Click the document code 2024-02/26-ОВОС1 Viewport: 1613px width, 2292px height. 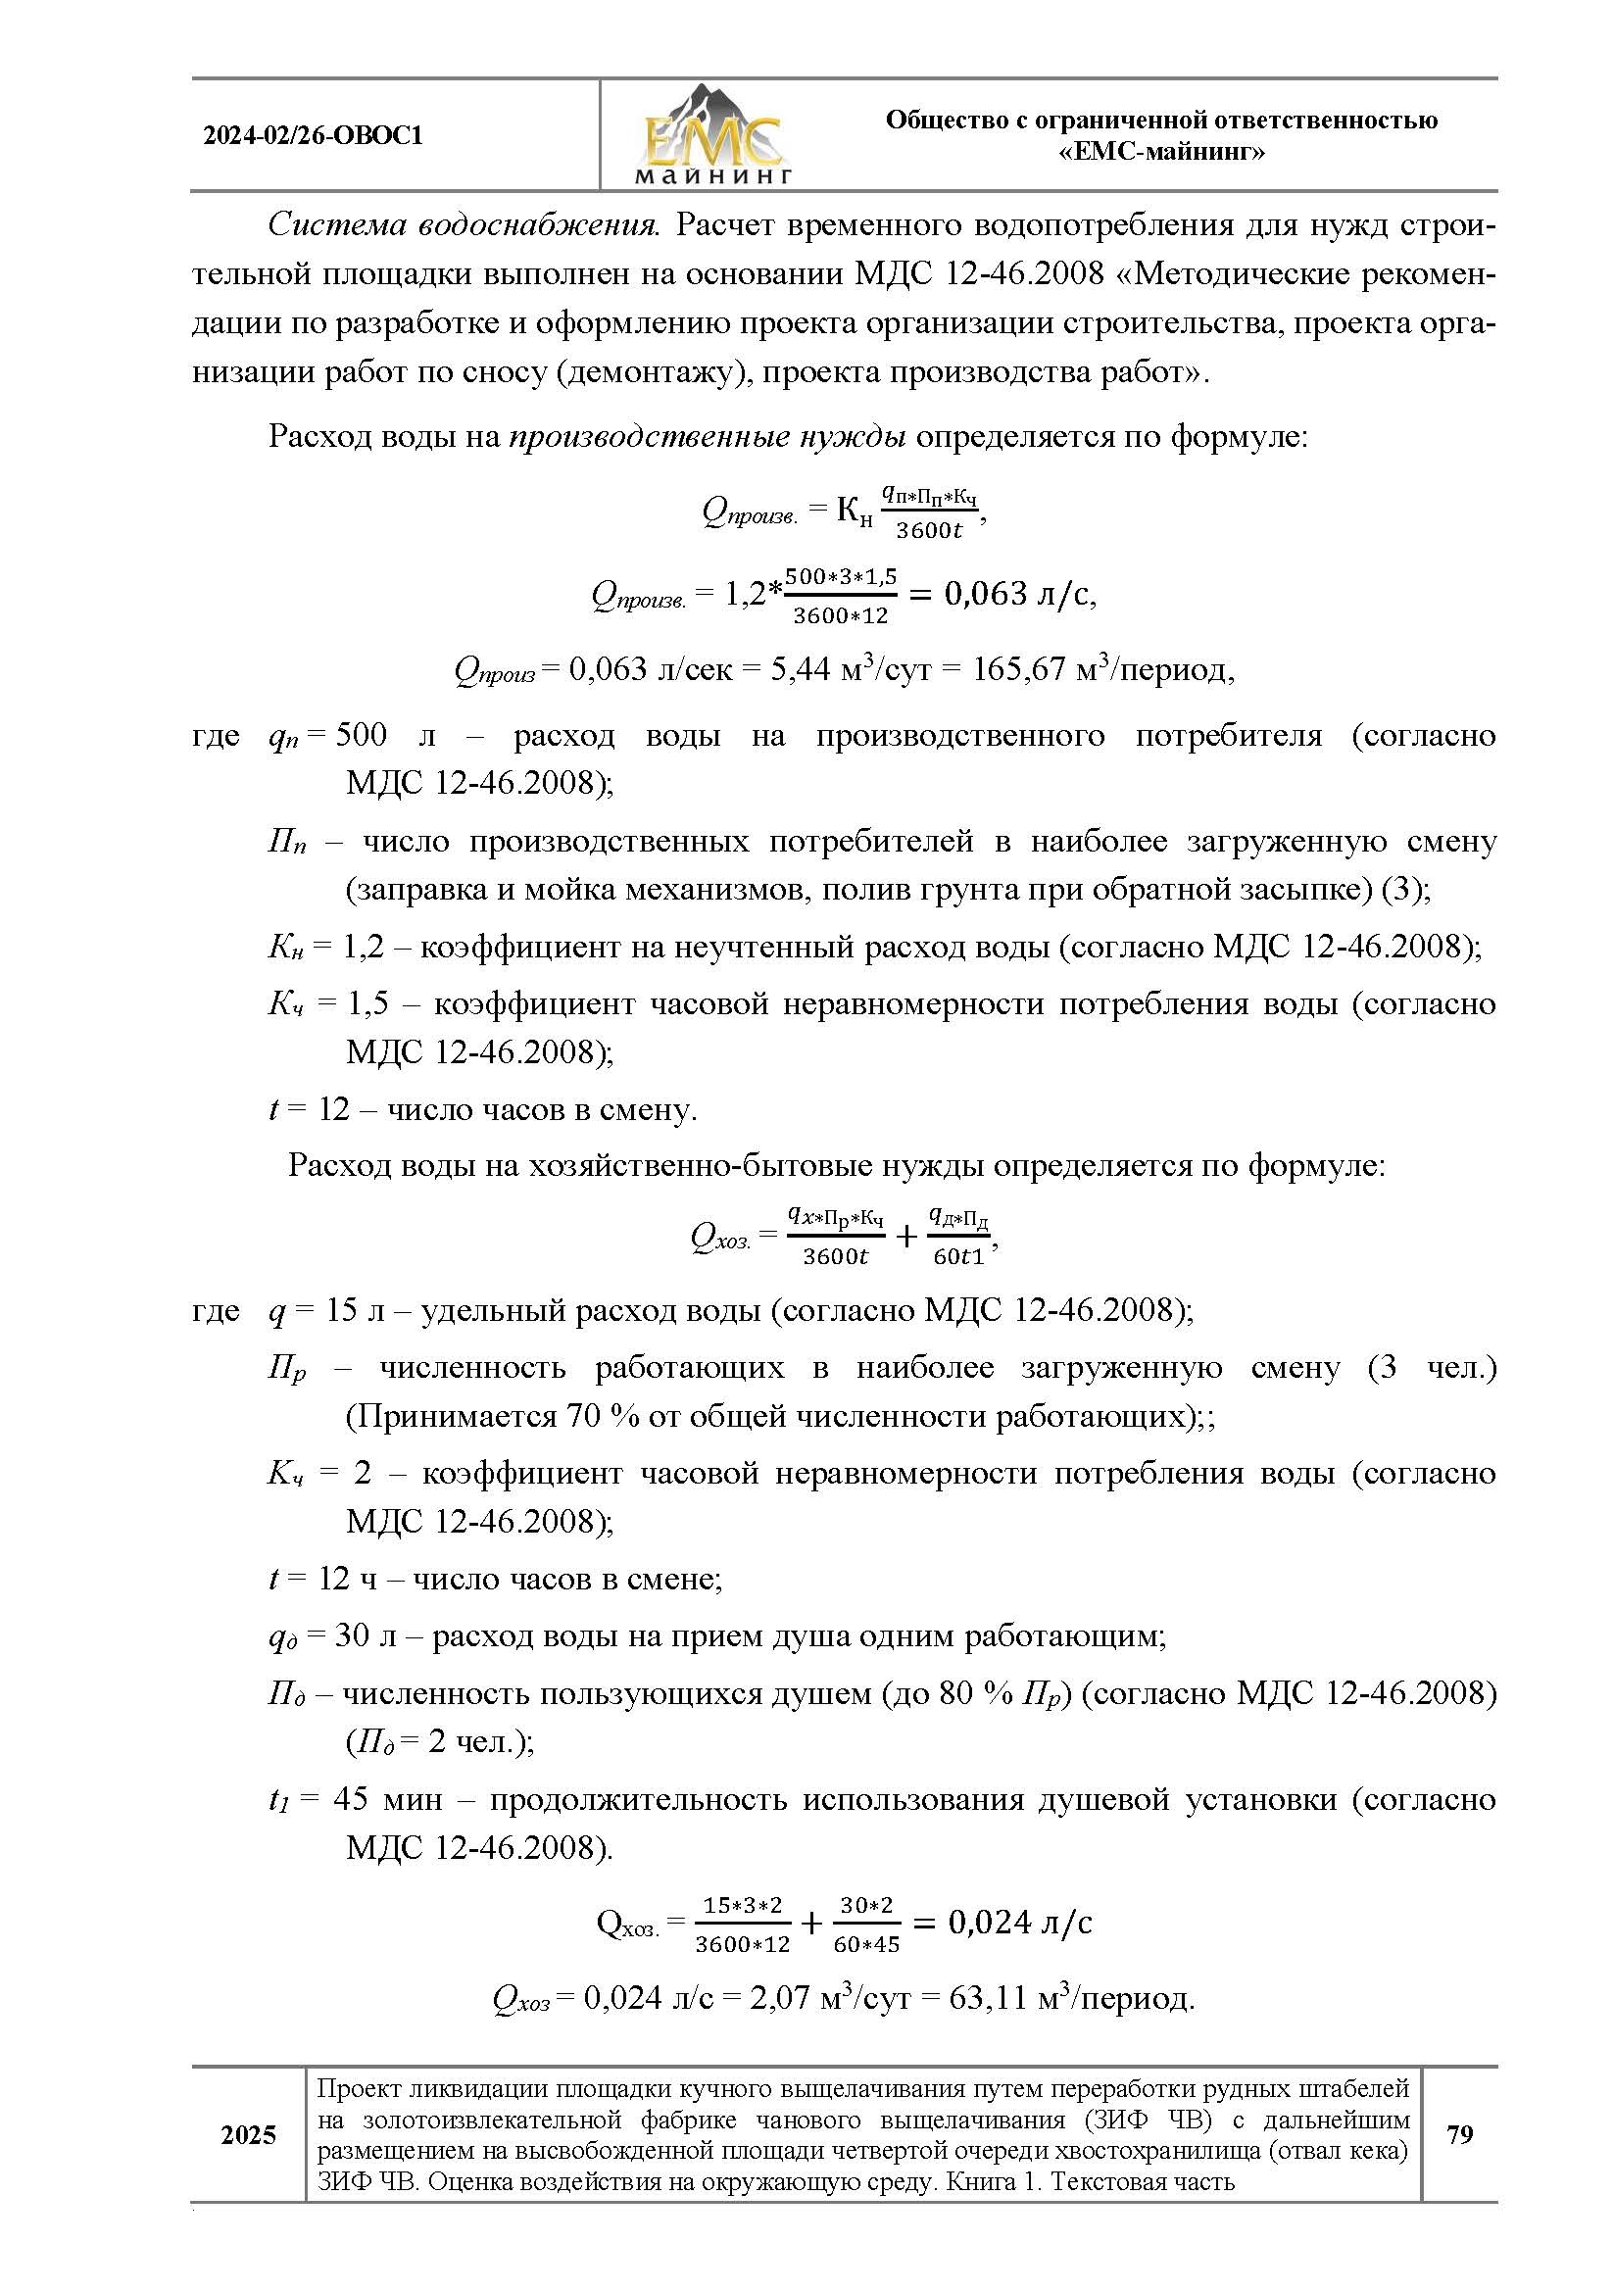click(314, 136)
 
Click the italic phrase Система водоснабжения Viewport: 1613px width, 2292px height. click(464, 225)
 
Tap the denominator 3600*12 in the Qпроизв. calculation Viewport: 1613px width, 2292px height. click(841, 616)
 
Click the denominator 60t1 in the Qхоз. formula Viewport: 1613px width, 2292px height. click(958, 1257)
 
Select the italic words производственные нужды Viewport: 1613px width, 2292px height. click(708, 436)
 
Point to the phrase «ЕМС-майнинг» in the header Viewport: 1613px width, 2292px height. click(1161, 152)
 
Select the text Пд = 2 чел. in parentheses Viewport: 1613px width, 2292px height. click(439, 1741)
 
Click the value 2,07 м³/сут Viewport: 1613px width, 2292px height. click(812, 1997)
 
